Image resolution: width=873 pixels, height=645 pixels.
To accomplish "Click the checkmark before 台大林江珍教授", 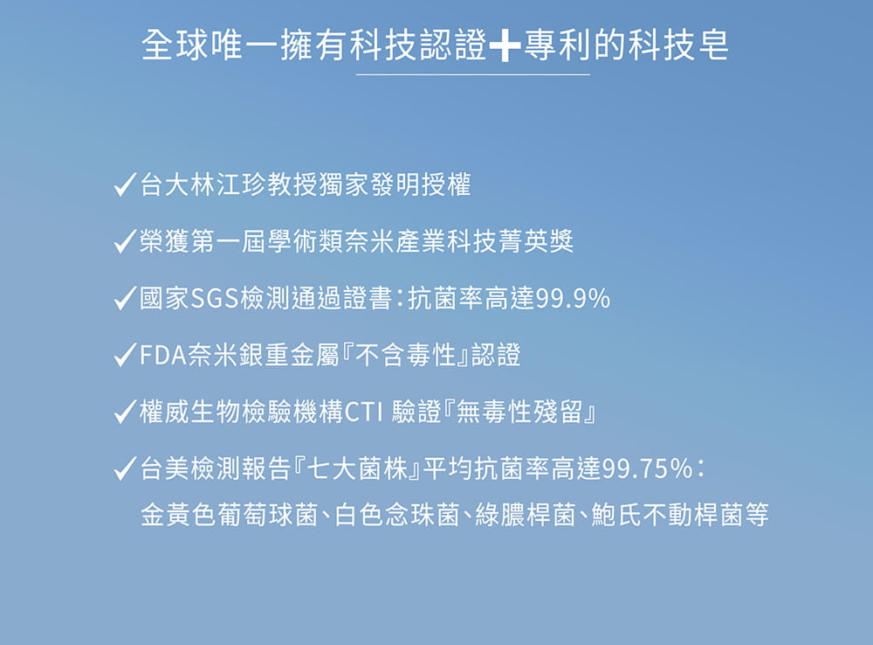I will (124, 186).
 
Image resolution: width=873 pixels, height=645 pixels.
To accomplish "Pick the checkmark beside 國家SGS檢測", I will (124, 300).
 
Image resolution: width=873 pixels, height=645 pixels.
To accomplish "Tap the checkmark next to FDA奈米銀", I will (124, 357).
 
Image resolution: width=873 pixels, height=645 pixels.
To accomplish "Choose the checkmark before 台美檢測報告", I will (124, 470).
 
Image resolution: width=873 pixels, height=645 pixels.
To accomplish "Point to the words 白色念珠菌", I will (397, 516).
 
